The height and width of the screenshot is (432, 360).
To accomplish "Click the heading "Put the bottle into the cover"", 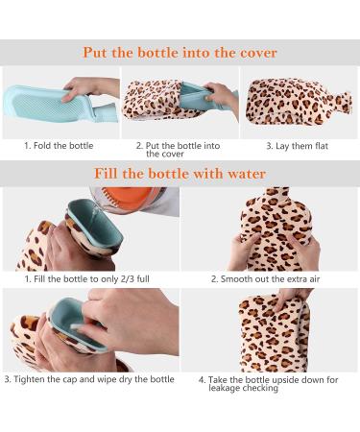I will point(180,53).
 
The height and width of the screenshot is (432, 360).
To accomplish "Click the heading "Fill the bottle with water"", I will point(180,174).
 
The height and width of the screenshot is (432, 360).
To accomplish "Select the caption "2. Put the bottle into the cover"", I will point(179,149).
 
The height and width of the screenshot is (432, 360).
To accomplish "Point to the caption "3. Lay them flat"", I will point(299,145).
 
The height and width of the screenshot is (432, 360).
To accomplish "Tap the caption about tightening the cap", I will point(89,379).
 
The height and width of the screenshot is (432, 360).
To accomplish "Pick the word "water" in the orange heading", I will point(245,174).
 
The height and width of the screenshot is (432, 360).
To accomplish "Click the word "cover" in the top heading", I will point(255,53).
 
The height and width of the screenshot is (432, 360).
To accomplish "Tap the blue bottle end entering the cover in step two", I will point(198,97).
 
